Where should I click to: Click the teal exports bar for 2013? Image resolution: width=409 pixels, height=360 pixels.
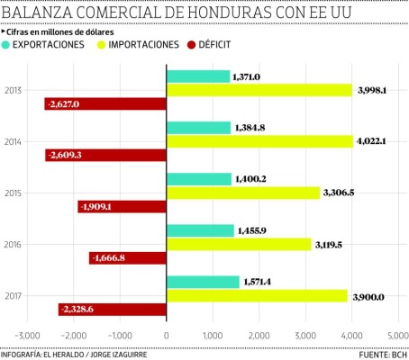198,77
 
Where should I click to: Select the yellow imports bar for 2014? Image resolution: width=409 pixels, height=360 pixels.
259,141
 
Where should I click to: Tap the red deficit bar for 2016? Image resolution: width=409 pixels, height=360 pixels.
128,258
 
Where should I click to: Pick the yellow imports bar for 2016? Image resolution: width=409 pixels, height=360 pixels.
239,244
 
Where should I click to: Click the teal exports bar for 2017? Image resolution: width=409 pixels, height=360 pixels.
203,282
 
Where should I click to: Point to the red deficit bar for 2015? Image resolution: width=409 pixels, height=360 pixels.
123,207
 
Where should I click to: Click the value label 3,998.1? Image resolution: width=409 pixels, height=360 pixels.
374,91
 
